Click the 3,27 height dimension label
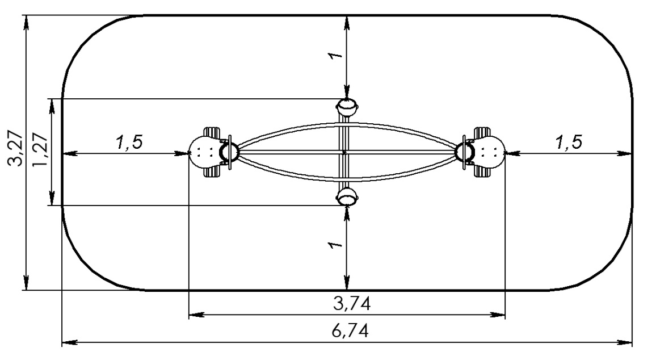coord(17,150)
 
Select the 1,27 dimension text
coord(40,152)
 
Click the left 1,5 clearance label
coord(129,143)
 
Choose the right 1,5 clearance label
coord(569,143)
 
